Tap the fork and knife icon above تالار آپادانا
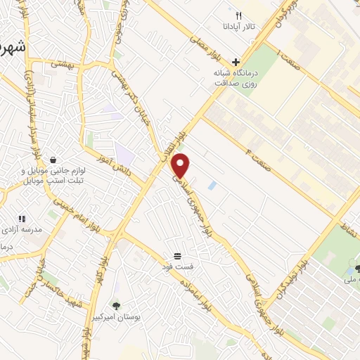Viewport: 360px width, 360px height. tap(238, 15)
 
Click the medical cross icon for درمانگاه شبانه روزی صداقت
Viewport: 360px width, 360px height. tap(236, 62)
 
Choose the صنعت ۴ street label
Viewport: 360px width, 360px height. tap(262, 145)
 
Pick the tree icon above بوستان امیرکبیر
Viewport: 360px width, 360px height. tap(116, 306)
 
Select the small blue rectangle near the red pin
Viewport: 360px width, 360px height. tap(212, 185)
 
